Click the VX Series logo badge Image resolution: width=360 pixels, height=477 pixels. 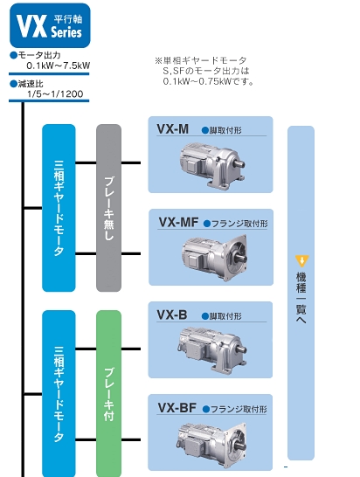click(48, 25)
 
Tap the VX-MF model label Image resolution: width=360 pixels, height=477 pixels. click(177, 222)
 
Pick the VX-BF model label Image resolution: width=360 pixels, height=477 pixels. click(177, 407)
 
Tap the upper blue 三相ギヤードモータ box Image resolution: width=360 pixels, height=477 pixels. click(59, 207)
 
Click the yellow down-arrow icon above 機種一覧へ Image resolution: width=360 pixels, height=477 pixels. click(301, 259)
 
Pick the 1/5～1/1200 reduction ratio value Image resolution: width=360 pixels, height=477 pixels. click(54, 93)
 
